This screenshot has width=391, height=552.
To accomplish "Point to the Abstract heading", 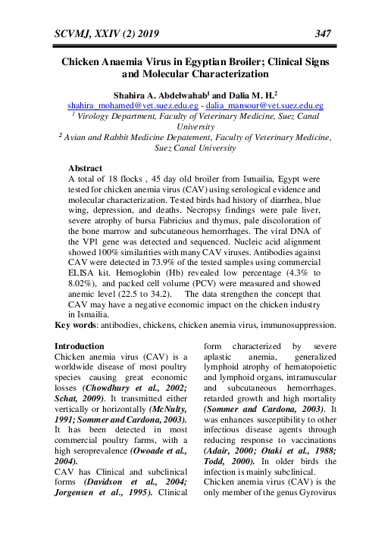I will pyautogui.click(x=85, y=167).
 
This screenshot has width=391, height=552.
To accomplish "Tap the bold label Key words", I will pyautogui.click(x=78, y=326).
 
